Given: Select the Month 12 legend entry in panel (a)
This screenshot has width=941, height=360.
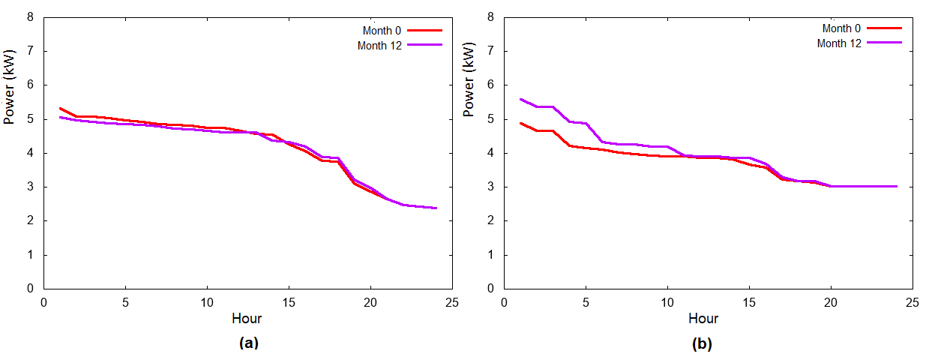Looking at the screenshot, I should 379,45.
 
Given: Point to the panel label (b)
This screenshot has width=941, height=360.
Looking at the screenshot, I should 701,344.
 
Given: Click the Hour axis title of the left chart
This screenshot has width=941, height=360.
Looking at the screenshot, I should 247,319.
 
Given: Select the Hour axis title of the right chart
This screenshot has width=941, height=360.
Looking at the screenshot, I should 703,319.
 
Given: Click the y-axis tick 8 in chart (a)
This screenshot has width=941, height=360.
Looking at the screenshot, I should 31,16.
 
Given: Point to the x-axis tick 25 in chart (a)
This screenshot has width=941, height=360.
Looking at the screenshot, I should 451,301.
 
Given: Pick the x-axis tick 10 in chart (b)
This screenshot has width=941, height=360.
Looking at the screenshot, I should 666,301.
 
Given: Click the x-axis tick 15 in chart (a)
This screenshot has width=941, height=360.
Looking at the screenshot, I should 289,301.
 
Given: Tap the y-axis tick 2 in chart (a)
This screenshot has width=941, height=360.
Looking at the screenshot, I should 31,221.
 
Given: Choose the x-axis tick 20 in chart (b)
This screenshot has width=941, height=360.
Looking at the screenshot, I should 830,301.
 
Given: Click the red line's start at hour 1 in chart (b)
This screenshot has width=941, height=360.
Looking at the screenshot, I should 520,123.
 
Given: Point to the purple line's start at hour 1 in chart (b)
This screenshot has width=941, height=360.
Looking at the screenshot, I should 520,99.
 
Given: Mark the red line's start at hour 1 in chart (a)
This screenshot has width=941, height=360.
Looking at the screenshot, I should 61,108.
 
